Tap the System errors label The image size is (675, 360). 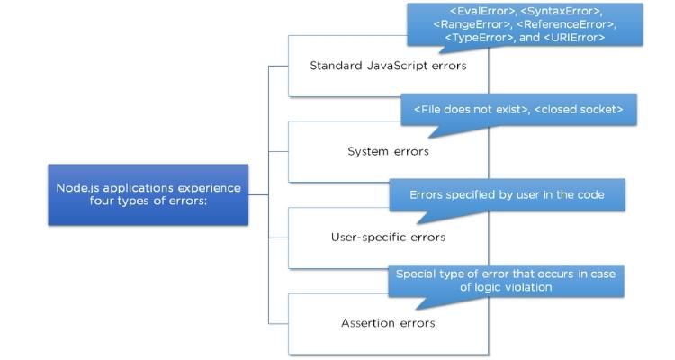click(x=388, y=151)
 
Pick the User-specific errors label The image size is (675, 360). click(x=388, y=238)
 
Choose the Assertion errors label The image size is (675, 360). click(x=388, y=322)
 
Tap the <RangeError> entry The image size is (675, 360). click(x=478, y=24)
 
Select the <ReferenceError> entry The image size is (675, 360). click(x=566, y=24)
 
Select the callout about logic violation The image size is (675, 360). click(x=506, y=280)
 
